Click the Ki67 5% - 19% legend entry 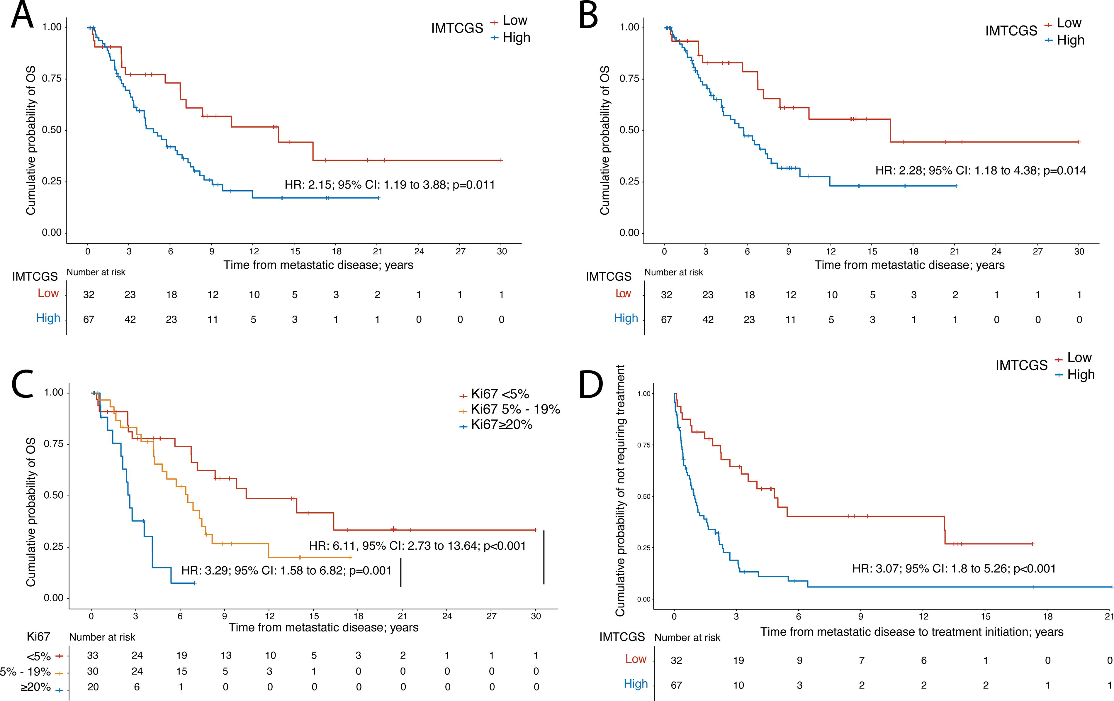[509, 409]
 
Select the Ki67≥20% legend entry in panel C [496, 425]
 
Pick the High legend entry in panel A [511, 38]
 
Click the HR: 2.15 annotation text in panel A [390, 184]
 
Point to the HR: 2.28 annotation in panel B [981, 171]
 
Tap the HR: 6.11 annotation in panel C [418, 546]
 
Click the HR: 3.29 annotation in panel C [286, 570]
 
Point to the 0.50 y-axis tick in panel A [52, 130]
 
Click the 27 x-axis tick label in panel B [1038, 251]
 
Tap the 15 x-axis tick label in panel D [986, 616]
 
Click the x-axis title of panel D [912, 632]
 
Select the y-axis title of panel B [605, 140]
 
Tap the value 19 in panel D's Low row [738, 660]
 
